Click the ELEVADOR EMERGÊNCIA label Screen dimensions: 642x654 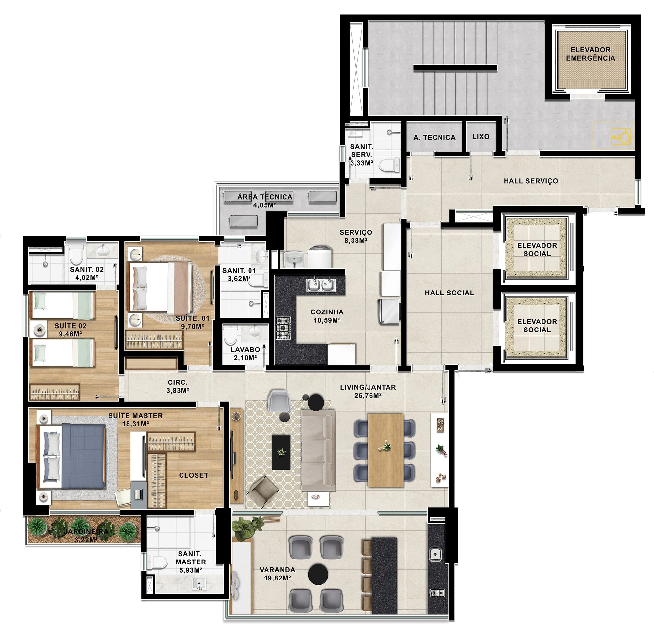(590, 54)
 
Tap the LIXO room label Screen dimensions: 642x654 (481, 137)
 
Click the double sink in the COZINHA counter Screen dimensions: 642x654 (321, 285)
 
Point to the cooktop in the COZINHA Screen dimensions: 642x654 (283, 328)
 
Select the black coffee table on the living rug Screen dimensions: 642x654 (281, 452)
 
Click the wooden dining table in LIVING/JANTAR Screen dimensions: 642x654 (386, 450)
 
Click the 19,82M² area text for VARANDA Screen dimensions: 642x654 (277, 578)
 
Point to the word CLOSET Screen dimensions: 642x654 (193, 475)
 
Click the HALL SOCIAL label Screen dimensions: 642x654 (449, 293)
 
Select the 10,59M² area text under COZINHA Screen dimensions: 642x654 (327, 320)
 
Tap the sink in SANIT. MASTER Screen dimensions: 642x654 (199, 583)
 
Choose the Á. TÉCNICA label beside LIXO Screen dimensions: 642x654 (434, 137)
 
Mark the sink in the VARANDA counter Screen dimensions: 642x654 (435, 554)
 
